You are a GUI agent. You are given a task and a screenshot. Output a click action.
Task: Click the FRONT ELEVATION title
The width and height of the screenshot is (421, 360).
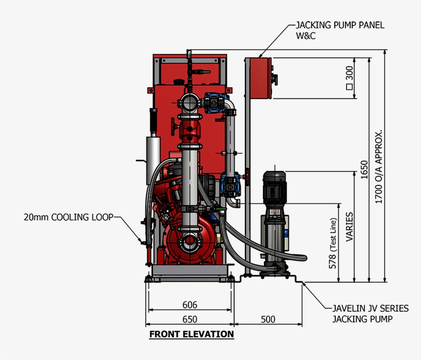(192, 334)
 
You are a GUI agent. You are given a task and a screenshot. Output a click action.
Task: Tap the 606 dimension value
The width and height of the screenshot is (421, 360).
(189, 305)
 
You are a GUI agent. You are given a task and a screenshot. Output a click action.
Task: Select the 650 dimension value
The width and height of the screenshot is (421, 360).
(189, 319)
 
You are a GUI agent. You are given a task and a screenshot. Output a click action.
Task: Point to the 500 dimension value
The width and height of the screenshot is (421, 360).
(268, 319)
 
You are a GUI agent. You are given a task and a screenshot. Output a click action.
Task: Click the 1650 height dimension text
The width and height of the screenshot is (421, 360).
(364, 170)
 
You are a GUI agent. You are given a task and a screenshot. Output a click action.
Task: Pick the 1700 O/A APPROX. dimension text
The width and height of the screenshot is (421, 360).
(378, 167)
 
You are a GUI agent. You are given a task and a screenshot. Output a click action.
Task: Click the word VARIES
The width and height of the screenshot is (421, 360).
(349, 227)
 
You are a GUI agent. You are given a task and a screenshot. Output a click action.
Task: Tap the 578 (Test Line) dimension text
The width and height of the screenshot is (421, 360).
(332, 243)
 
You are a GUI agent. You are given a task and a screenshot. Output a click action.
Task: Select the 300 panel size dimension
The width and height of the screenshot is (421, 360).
(349, 78)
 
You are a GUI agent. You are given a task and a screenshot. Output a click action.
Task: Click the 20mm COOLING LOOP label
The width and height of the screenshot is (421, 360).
(69, 217)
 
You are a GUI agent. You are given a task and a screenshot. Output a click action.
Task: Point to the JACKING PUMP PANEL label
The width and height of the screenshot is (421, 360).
(340, 25)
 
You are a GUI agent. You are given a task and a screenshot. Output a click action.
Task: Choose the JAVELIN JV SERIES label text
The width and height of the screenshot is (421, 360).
(371, 309)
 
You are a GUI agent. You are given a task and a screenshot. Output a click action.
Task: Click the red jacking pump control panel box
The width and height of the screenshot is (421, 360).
(261, 78)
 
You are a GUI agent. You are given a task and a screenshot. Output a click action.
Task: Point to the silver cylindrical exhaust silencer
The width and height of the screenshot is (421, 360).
(153, 160)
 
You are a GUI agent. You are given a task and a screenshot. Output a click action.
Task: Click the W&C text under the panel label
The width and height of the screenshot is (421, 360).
(306, 36)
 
